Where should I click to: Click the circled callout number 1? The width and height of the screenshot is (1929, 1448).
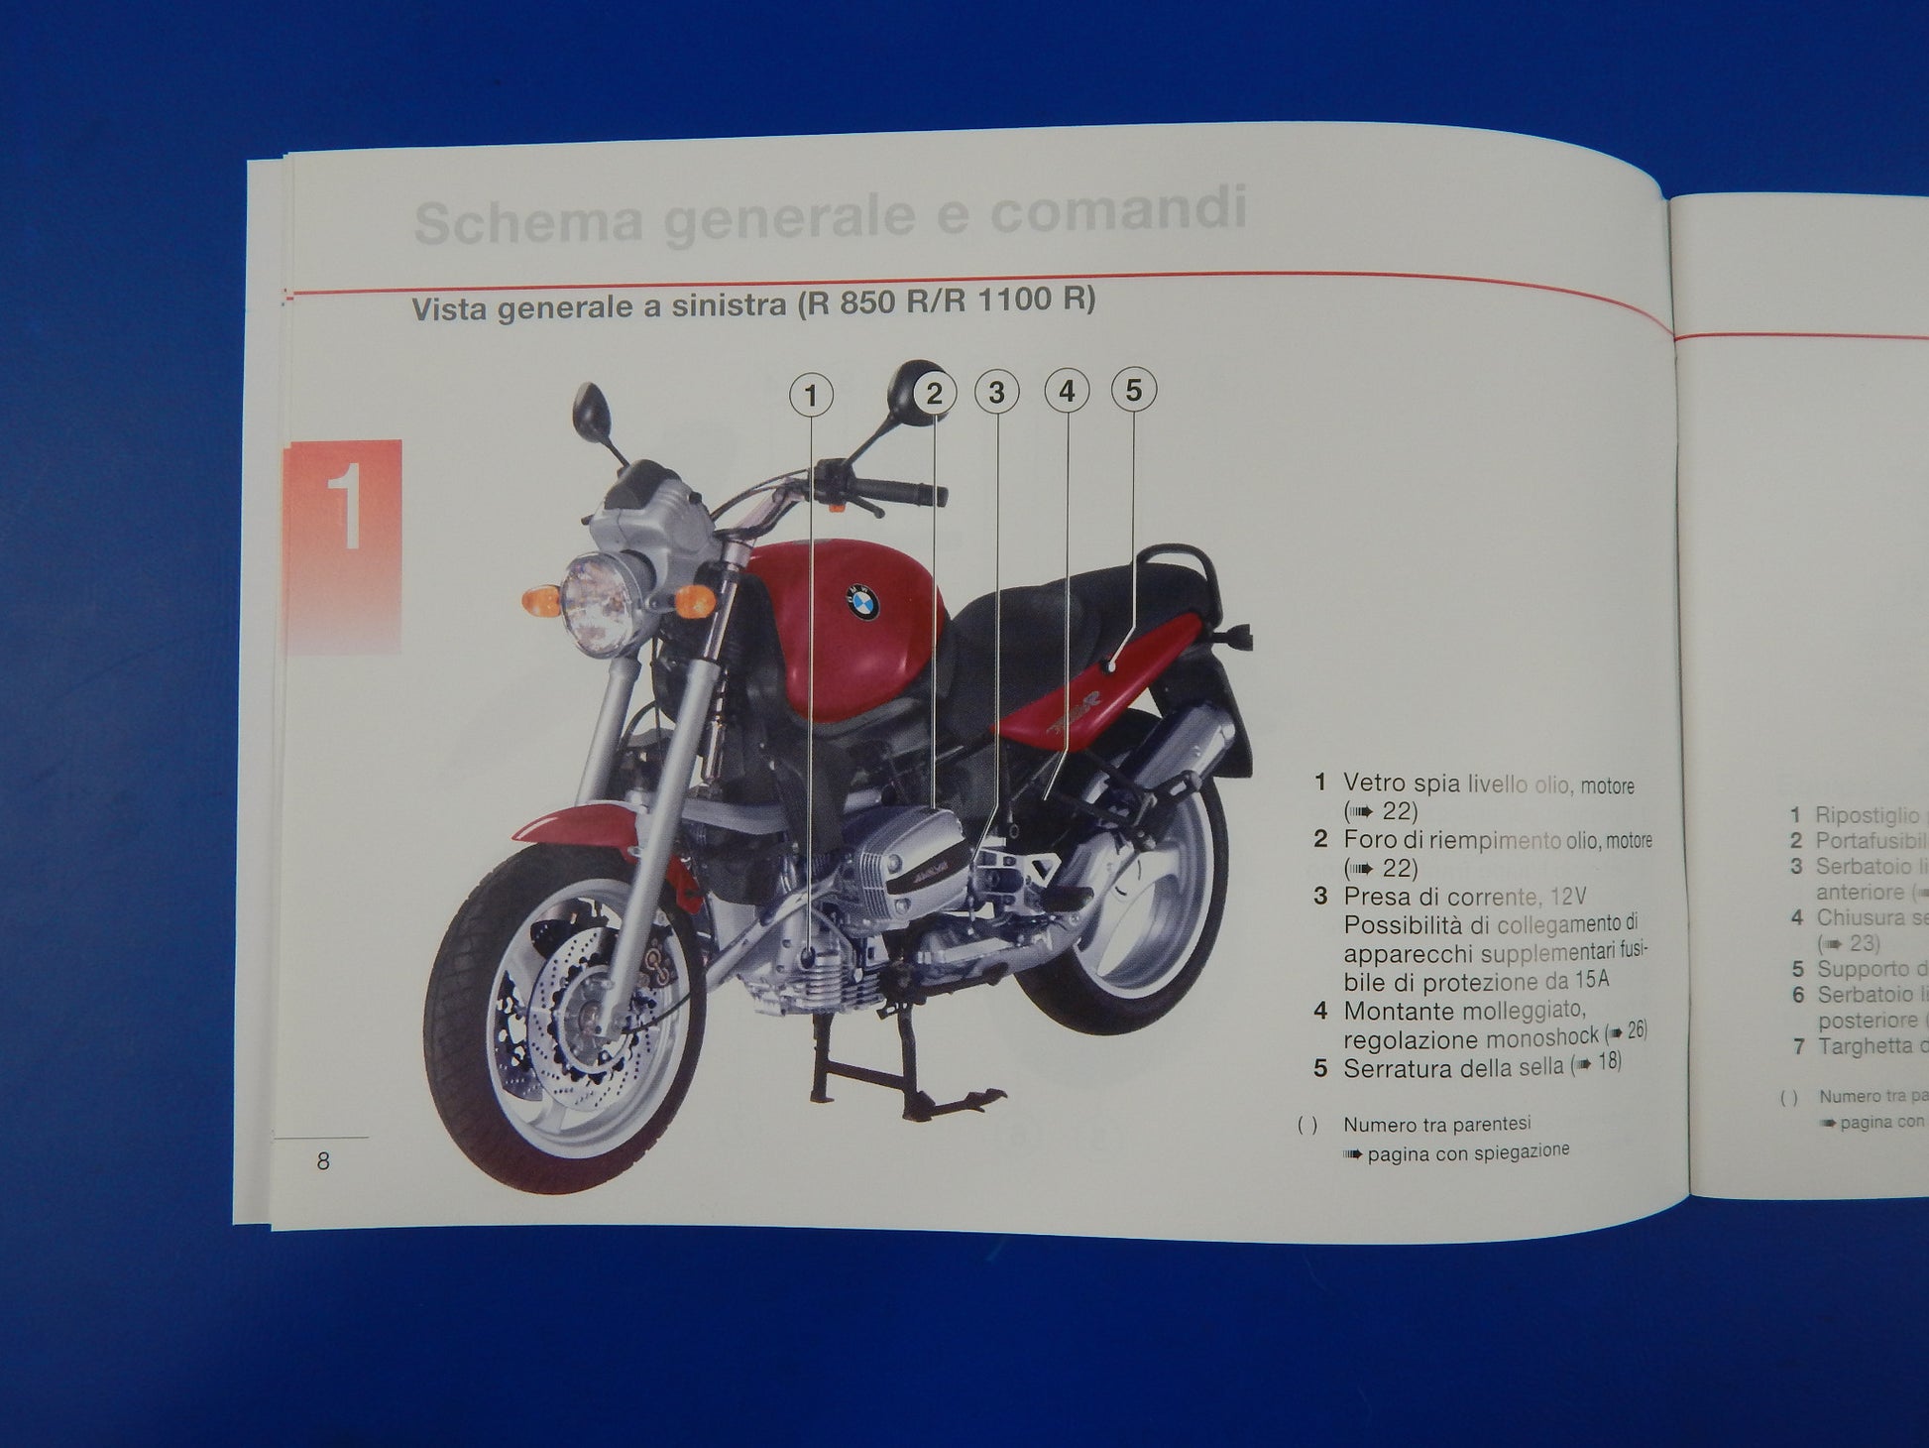point(811,396)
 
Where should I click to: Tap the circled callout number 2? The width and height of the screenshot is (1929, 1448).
point(934,394)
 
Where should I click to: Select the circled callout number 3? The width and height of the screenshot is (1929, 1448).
point(996,393)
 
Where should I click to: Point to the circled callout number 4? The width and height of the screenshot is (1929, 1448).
point(1067,392)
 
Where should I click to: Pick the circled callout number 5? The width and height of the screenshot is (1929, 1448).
point(1133,390)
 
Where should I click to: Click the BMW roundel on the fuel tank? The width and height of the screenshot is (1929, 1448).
point(863,602)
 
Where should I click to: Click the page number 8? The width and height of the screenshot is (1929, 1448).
point(323,1161)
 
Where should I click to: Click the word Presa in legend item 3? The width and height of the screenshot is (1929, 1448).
point(1372,897)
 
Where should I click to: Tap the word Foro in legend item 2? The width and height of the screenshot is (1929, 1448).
point(1367,840)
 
